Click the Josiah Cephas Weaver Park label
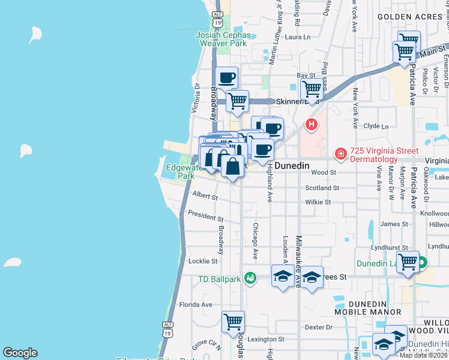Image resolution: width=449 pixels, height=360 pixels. pyautogui.click(x=222, y=39)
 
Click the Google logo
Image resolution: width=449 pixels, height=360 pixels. pyautogui.click(x=20, y=353)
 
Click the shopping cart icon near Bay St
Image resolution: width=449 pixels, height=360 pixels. pyautogui.click(x=312, y=89)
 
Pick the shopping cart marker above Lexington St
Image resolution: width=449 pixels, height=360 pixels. pyautogui.click(x=233, y=322)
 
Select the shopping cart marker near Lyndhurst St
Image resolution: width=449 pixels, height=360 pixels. pyautogui.click(x=408, y=262)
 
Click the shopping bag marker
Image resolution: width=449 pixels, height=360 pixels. pyautogui.click(x=233, y=166)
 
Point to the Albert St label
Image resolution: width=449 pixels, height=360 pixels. pyautogui.click(x=205, y=195)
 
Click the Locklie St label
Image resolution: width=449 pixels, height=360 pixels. pyautogui.click(x=202, y=261)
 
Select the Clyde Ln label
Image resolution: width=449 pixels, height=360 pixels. pyautogui.click(x=376, y=127)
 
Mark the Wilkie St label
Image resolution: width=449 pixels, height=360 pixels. pyautogui.click(x=318, y=202)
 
